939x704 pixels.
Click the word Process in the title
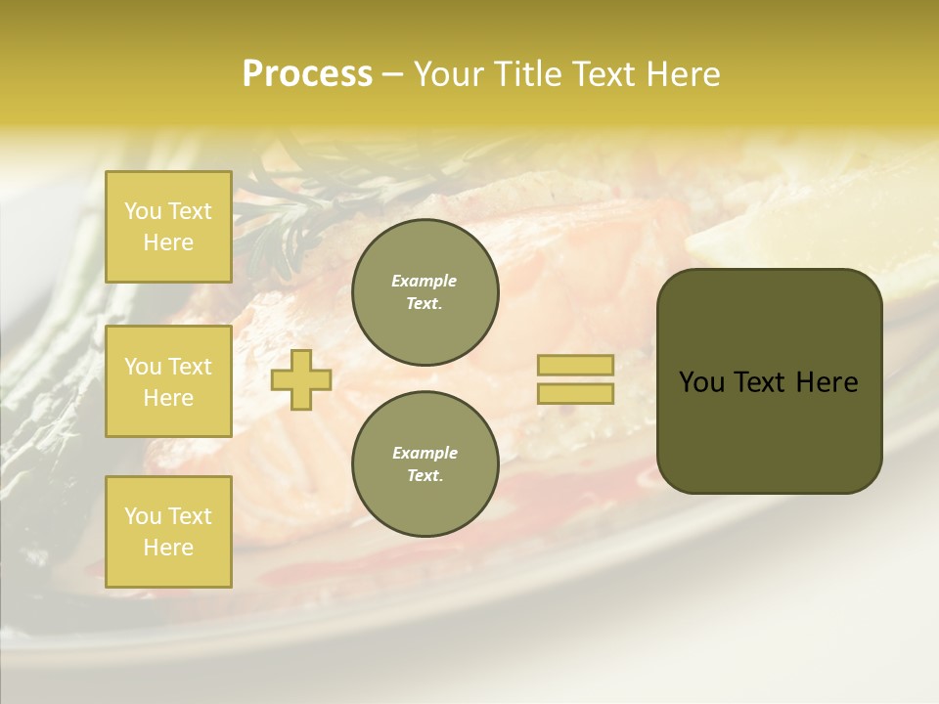[307, 74]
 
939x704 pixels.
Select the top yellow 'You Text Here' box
[168, 227]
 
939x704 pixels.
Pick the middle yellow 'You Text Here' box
[168, 381]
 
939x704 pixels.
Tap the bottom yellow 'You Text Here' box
[168, 532]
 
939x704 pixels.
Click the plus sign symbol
[301, 379]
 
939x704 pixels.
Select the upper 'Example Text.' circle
[425, 292]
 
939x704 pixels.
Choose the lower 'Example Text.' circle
[425, 464]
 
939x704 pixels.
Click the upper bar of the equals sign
[575, 365]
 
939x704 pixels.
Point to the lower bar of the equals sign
[575, 393]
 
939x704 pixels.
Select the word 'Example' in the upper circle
[425, 281]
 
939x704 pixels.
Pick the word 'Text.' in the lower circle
[425, 476]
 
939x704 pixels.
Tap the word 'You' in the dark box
[702, 382]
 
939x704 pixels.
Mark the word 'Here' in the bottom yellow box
[168, 548]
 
